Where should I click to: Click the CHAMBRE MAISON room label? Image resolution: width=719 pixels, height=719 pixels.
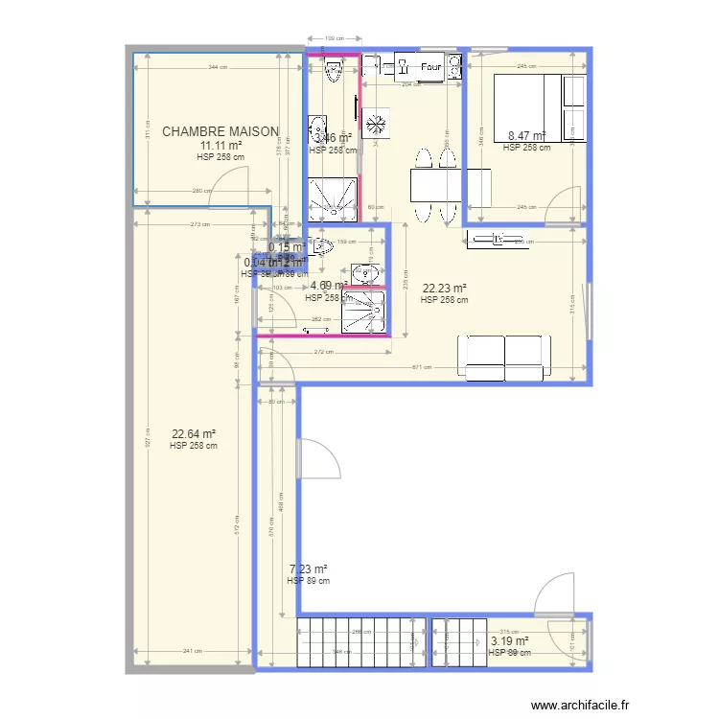click(x=220, y=131)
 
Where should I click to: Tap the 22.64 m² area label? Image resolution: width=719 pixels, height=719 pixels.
click(x=193, y=433)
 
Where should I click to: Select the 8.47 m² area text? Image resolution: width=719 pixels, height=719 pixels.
click(x=526, y=136)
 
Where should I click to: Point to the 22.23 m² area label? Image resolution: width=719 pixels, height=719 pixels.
click(x=444, y=288)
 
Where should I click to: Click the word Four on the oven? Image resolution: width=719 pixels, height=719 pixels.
click(x=430, y=67)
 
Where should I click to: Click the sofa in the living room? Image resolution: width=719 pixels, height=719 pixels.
click(x=504, y=358)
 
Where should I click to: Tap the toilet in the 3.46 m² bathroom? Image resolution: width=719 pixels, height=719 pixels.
click(x=335, y=70)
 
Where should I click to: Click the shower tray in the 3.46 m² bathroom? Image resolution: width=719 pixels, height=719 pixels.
click(x=335, y=197)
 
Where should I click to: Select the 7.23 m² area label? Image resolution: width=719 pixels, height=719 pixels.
click(x=308, y=568)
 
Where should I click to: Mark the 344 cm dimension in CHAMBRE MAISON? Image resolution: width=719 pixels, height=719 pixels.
click(x=219, y=67)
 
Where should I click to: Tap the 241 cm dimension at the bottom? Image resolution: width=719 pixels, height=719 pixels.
click(x=191, y=651)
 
